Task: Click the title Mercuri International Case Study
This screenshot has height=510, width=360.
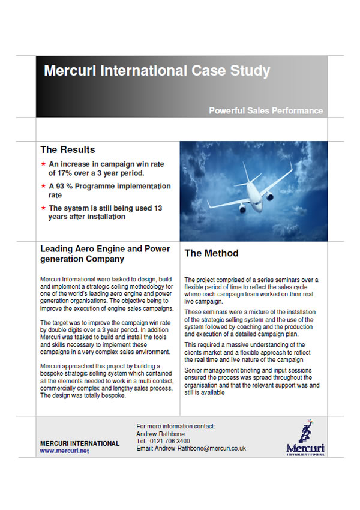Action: click(x=157, y=71)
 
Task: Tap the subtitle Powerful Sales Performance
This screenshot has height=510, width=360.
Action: click(x=266, y=110)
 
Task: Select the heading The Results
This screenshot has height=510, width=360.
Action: click(x=67, y=149)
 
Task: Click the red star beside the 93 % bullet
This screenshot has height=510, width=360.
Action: click(x=43, y=187)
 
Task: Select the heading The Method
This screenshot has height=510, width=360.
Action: click(x=211, y=253)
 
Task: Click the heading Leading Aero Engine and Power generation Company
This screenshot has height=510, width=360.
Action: click(x=104, y=254)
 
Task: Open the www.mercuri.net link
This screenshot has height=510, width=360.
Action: click(x=64, y=450)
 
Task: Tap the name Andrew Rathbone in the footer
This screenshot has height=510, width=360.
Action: click(x=160, y=434)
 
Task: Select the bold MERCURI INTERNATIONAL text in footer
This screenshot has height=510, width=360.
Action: click(x=79, y=443)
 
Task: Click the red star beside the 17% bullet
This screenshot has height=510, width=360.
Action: click(x=43, y=164)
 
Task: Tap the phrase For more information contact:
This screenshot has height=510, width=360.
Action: click(x=176, y=427)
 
